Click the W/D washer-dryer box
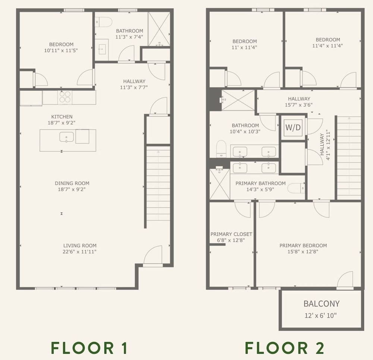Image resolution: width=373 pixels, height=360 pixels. (293, 127)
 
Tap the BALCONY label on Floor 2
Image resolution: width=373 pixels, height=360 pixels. (322, 304)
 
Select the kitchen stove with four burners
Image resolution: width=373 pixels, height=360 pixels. (65, 97)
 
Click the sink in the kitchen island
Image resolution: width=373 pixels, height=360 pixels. (66, 137)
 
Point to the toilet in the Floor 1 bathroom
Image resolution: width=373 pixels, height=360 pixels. (104, 22)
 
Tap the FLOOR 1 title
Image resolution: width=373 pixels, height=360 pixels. (89, 348)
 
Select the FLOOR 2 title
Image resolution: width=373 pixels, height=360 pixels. (285, 348)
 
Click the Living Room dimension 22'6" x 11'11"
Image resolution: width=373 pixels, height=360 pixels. (79, 252)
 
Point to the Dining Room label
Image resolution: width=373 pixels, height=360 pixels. (72, 183)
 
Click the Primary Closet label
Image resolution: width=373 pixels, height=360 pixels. (231, 234)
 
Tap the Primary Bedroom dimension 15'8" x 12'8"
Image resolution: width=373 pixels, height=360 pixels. (303, 252)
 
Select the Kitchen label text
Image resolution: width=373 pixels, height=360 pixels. (62, 117)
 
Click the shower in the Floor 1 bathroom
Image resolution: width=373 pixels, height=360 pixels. (159, 29)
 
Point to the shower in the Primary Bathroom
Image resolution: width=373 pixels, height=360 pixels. (220, 184)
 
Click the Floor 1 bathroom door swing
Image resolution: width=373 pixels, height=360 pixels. (126, 54)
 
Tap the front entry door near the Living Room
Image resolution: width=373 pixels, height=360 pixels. (153, 255)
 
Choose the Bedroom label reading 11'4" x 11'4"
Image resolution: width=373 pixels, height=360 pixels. (327, 42)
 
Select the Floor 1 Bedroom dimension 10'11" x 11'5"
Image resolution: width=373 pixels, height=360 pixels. (61, 50)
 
